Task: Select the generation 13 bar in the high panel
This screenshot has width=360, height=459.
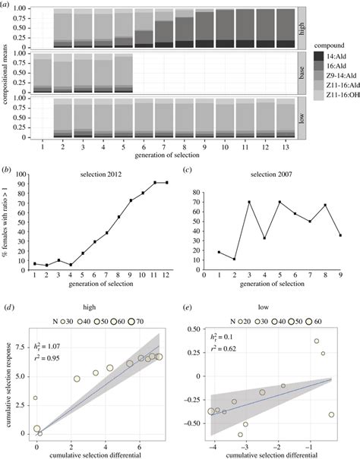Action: [285, 29]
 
